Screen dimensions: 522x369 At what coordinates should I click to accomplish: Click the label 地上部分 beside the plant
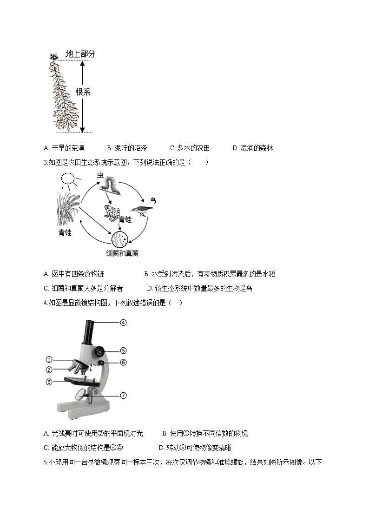80,54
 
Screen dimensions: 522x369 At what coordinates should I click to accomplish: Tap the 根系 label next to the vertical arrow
83,92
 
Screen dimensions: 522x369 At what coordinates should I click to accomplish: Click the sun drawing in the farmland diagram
68,179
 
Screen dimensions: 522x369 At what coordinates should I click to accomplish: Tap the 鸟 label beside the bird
152,200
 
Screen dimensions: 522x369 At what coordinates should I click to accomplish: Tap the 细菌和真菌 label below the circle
122,254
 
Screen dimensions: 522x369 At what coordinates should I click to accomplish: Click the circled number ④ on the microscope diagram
123,322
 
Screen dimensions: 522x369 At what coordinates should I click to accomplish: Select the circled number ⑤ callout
123,351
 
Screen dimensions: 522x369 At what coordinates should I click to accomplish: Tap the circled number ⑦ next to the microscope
123,396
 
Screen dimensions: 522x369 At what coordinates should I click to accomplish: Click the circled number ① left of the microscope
49,359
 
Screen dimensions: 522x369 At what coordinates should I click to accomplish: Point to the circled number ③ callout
49,382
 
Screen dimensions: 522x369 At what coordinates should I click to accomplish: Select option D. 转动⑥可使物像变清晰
195,448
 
